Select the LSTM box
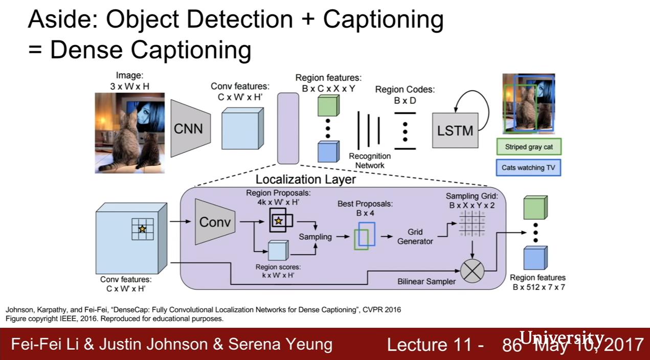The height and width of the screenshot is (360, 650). point(454,130)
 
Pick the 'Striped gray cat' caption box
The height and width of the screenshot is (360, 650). point(528,147)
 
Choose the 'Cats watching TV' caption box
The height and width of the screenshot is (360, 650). point(528,167)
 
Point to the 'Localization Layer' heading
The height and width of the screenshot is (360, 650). point(305,179)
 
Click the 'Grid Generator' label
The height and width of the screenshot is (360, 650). point(415,236)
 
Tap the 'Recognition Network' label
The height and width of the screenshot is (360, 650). point(370,161)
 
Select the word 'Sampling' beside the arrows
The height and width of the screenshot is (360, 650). point(315,237)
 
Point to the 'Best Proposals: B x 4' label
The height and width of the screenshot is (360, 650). point(365,208)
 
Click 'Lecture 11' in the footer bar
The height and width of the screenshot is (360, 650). point(435,344)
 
